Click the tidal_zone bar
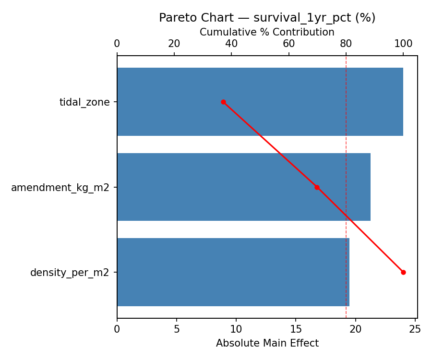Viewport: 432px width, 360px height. click(260, 102)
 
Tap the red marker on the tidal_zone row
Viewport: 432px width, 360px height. click(223, 102)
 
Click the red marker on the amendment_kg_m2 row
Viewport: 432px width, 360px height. click(317, 187)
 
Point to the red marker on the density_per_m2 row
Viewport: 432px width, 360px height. click(403, 272)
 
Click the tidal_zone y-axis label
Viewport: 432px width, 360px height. click(84, 102)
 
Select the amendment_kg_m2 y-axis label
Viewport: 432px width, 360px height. click(60, 187)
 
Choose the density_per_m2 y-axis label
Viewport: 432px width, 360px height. click(70, 273)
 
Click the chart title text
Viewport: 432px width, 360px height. click(267, 18)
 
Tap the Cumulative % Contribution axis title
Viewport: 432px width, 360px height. click(267, 32)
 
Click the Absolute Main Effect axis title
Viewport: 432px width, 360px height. click(267, 343)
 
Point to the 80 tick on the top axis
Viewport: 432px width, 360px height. click(346, 44)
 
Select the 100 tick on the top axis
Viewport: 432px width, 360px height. click(403, 44)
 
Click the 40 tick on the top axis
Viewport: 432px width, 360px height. click(231, 44)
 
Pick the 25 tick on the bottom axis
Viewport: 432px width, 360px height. click(415, 329)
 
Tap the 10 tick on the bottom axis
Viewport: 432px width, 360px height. click(236, 329)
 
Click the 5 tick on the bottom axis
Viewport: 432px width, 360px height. click(177, 329)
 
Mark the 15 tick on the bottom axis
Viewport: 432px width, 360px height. click(296, 329)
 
